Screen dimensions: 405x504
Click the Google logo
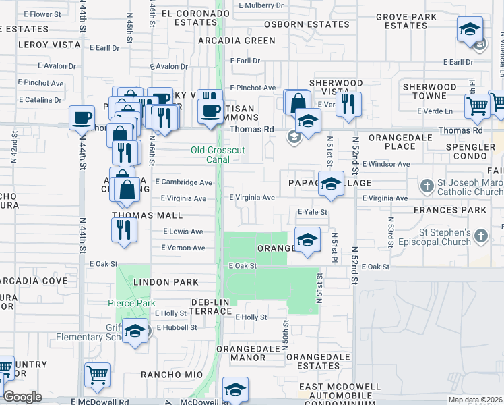coord(22,397)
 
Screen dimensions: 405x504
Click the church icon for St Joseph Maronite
coord(426,184)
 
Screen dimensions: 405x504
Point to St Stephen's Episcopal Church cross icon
coord(480,236)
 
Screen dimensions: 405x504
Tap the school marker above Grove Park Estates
coord(469,30)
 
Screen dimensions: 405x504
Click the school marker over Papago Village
coord(331,184)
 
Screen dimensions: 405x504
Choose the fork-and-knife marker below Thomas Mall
coord(125,230)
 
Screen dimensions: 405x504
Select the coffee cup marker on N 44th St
coord(82,117)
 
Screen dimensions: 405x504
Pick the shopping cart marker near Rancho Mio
coord(97,375)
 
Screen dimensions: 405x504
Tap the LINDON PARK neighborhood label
coord(165,282)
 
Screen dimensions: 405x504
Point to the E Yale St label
coord(313,212)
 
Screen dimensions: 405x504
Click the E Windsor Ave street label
coord(385,164)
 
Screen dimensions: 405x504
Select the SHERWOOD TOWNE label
coord(429,91)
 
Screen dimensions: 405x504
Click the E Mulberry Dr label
coord(261,5)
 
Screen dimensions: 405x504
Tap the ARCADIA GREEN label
coord(237,40)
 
